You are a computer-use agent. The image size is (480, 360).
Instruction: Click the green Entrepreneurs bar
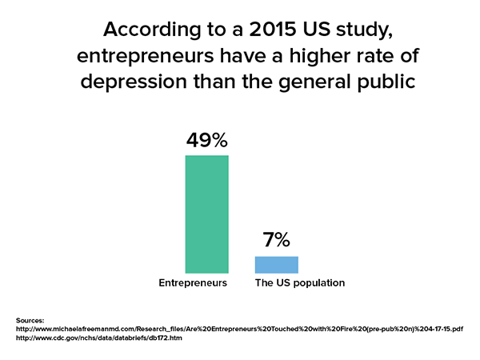tap(206, 214)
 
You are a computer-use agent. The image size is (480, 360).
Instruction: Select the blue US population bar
tap(276, 265)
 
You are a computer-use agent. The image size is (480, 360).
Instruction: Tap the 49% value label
tap(206, 141)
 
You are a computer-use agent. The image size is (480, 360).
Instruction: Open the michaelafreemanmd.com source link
tap(240, 329)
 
